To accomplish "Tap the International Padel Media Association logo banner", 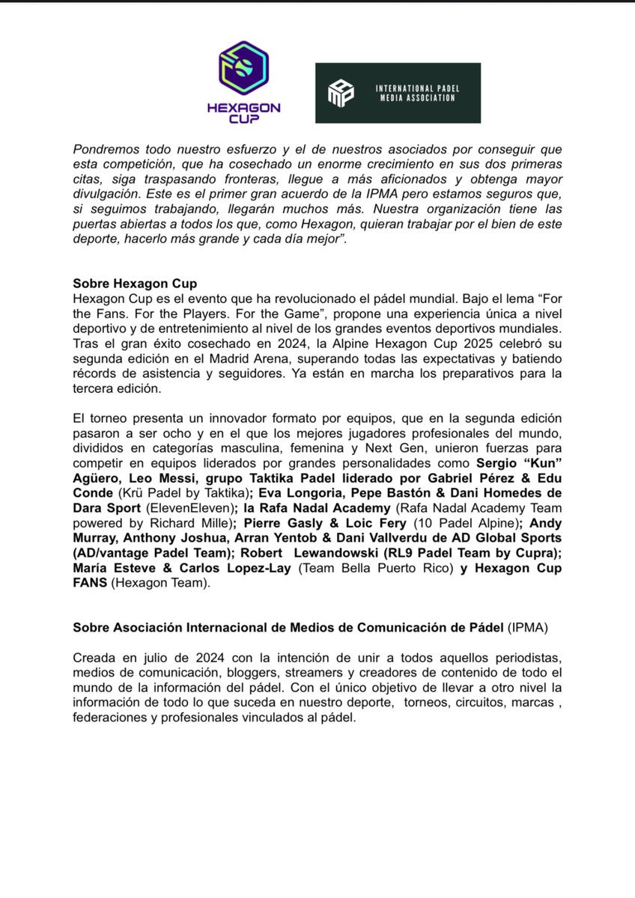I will pyautogui.click(x=398, y=93).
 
